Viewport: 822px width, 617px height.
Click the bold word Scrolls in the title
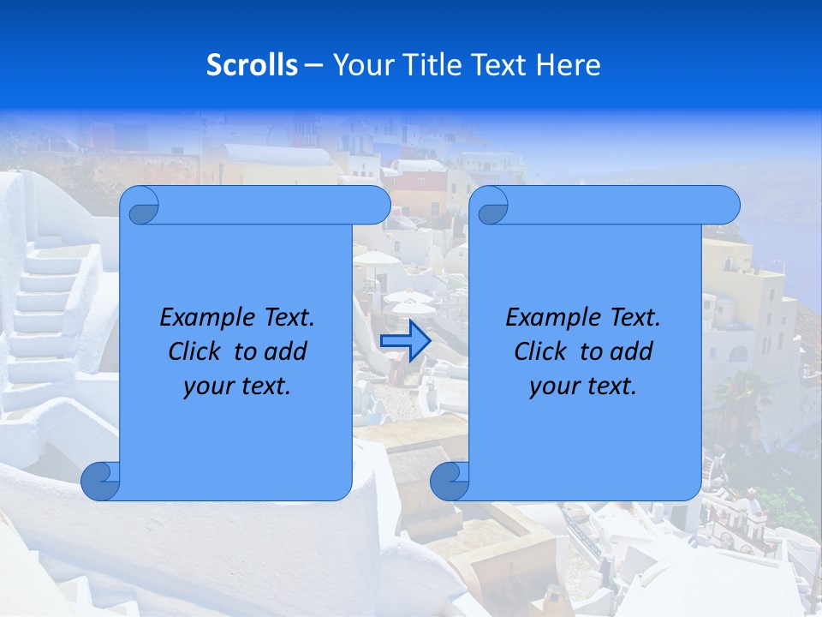coord(252,65)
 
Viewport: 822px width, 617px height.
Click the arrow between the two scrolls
coord(405,341)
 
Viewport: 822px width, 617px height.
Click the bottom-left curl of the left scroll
coord(100,482)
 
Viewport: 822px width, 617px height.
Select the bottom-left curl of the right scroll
coord(450,482)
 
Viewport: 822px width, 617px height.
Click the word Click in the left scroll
coord(197,351)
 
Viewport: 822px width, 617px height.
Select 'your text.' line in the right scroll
coord(583,386)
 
